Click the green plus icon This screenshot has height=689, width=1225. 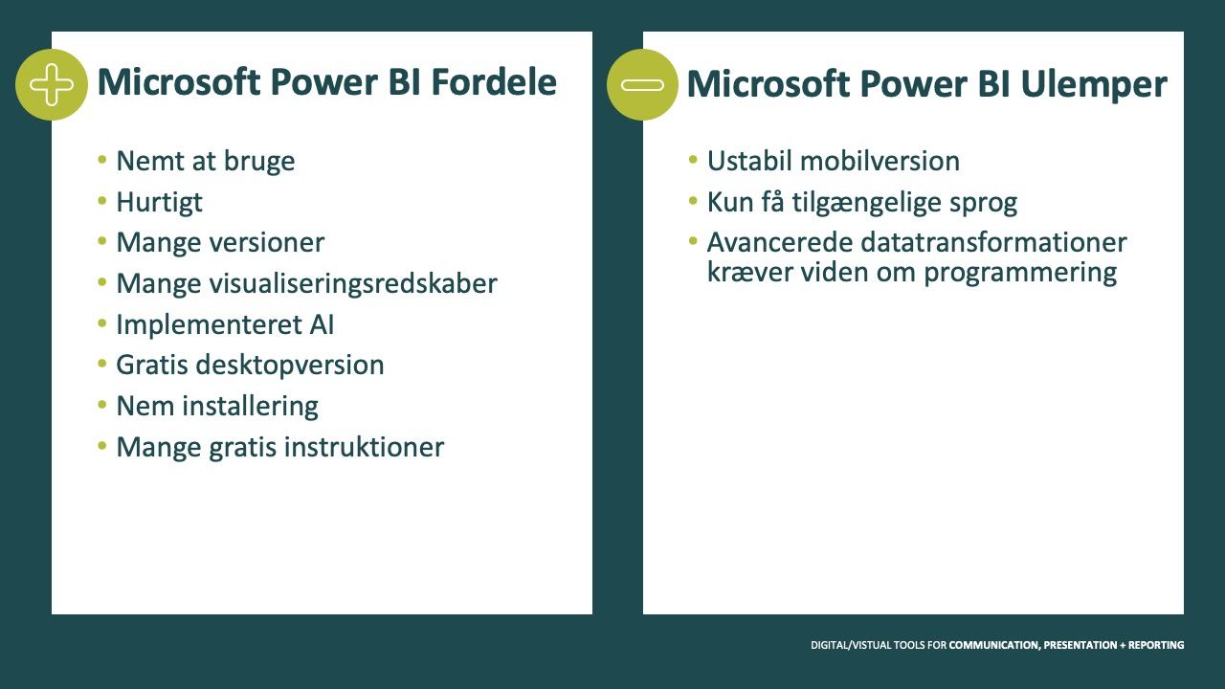pos(52,85)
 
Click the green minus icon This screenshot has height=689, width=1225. pos(642,85)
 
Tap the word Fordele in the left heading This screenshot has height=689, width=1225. pos(494,82)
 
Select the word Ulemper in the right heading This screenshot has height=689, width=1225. pos(1094,85)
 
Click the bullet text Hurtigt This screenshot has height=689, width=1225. pos(159,202)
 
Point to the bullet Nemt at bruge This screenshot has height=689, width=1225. pos(206,162)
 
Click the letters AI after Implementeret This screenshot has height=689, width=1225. pos(322,324)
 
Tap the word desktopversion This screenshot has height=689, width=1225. pos(290,366)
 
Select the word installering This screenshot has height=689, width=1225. pos(250,407)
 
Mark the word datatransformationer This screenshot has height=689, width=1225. pos(993,242)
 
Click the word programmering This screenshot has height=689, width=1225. pos(1020,273)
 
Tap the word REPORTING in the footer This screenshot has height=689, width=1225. pos(1156,645)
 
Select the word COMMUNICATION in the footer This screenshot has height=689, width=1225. pos(994,645)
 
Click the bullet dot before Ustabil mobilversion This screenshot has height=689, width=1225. pos(693,160)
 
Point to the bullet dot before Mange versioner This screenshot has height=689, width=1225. pos(101,241)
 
